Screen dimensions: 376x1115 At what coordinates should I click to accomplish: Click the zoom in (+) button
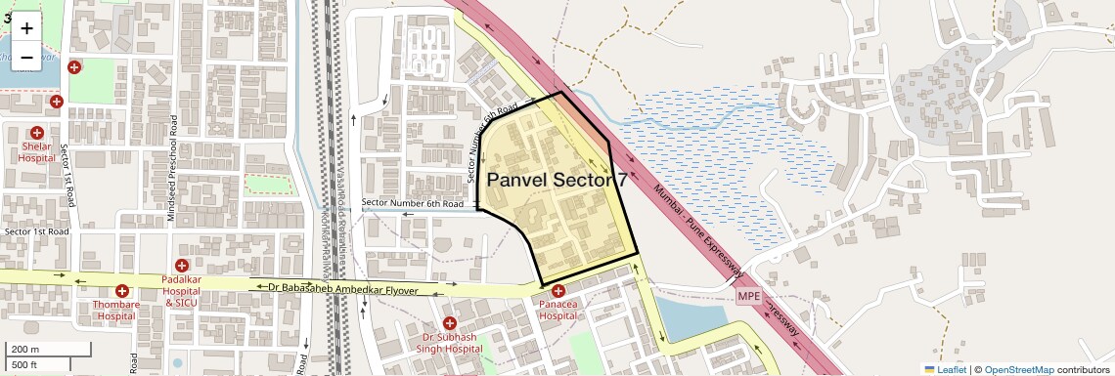tap(26, 27)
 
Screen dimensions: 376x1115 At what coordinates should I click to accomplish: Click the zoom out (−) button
tap(26, 58)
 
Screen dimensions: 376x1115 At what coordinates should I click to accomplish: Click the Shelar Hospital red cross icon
tap(37, 132)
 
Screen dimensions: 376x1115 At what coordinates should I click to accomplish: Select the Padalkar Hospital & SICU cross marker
tap(181, 266)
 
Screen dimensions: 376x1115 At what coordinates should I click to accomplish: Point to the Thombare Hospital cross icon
tap(122, 291)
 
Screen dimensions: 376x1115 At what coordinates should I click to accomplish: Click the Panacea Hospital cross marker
tap(558, 291)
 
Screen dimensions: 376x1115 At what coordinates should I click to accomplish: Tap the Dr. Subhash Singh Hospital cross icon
tap(450, 322)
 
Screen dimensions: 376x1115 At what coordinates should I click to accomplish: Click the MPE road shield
tap(748, 296)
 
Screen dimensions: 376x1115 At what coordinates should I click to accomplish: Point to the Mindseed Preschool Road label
tap(173, 169)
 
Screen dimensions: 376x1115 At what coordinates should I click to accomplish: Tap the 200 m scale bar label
tap(25, 350)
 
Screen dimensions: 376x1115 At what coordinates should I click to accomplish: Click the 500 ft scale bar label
tap(25, 364)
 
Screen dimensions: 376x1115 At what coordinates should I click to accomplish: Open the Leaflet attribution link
tap(945, 369)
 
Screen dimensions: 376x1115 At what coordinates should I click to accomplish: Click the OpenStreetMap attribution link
tap(1018, 369)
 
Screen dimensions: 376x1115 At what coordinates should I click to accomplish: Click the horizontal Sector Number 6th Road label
tap(412, 203)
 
